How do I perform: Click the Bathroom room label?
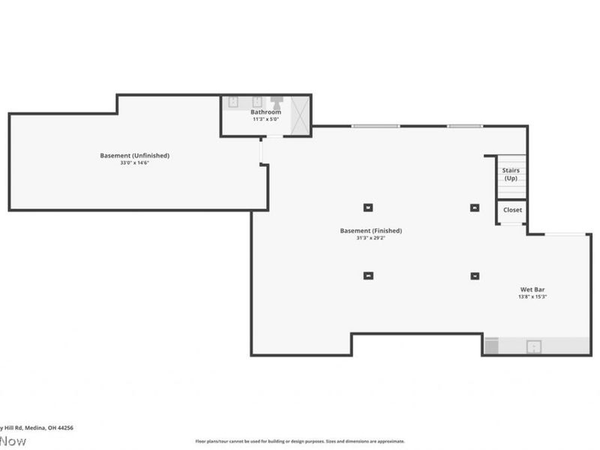(265, 112)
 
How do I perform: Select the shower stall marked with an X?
(299, 115)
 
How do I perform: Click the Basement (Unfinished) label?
(134, 155)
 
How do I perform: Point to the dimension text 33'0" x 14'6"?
(134, 163)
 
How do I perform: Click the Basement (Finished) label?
(370, 231)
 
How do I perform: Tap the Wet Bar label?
(532, 289)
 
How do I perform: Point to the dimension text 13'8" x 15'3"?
(532, 297)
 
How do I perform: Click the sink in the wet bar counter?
(534, 346)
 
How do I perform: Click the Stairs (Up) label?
(511, 174)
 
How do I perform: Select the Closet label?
(512, 210)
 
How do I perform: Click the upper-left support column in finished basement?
(367, 208)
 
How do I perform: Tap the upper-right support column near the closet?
(474, 208)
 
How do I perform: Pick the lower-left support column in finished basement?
(367, 276)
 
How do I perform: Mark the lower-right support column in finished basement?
(474, 276)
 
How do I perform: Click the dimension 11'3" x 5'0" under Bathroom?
(265, 119)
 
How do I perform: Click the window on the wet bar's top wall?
(565, 235)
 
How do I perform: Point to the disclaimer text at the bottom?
(300, 442)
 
